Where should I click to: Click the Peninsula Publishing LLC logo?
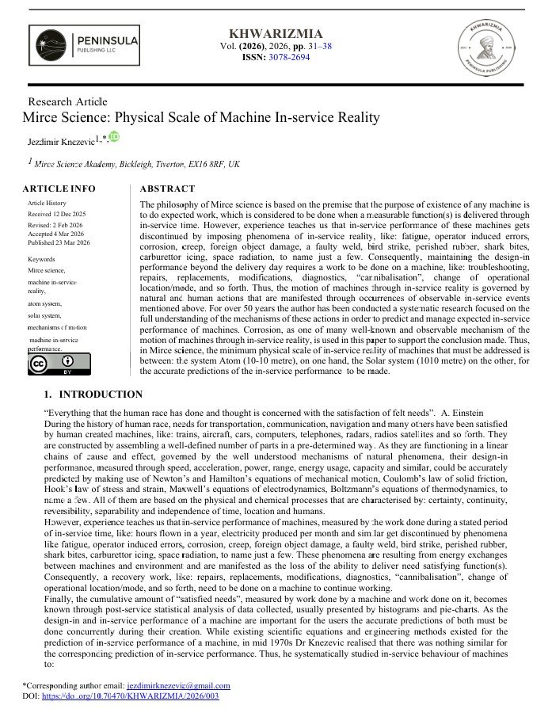point(83,46)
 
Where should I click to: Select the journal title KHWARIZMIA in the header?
point(275,33)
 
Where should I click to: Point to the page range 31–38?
point(314,46)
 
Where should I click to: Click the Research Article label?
point(67,101)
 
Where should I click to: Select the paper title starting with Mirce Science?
point(201,117)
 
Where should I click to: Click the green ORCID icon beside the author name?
point(114,137)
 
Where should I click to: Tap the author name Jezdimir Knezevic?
point(60,140)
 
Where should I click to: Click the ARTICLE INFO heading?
point(59,189)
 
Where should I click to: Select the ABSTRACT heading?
point(167,189)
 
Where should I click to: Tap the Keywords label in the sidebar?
point(41,259)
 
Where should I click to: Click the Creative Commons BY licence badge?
point(49,365)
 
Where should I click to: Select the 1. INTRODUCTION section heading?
point(93,395)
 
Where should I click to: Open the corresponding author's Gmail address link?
point(178,685)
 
